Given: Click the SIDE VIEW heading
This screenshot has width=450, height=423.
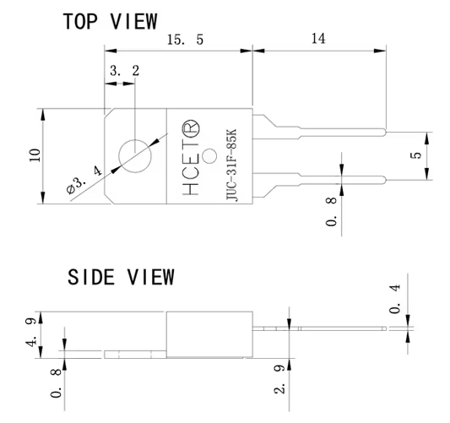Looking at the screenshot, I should (121, 277).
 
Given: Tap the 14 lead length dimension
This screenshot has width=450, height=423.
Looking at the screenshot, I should (319, 38).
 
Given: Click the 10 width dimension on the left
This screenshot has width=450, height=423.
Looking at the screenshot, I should (35, 155).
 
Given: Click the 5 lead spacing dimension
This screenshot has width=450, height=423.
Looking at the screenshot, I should (415, 156).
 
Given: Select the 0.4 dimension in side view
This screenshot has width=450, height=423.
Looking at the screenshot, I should (394, 298).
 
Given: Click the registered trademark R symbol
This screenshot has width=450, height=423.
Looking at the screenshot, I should (189, 127).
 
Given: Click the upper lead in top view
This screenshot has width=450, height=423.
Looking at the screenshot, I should (329, 133).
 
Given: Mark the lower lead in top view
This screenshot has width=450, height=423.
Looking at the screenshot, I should (329, 179).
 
